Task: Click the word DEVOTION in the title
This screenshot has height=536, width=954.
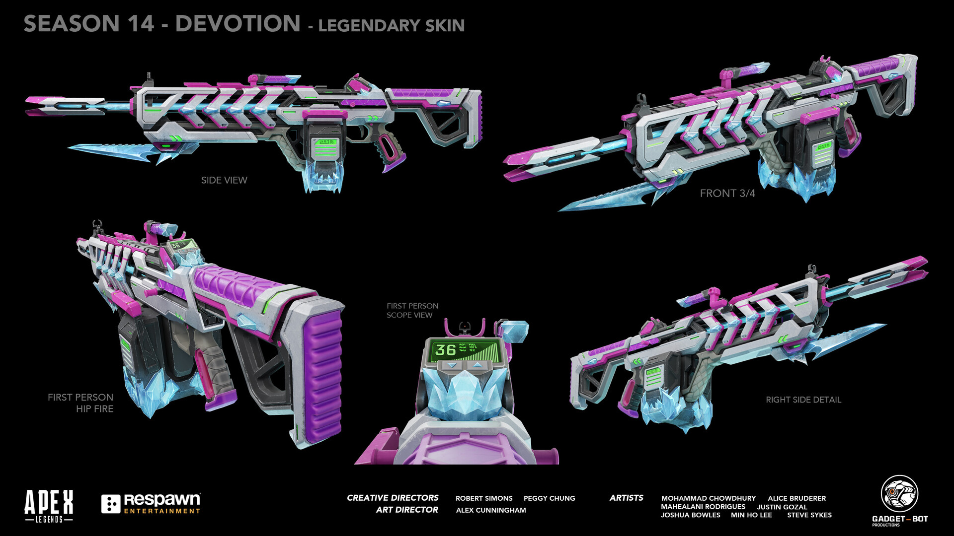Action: point(238,24)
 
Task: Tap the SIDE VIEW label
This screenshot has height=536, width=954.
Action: point(224,180)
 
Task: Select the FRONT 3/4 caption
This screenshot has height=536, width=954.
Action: point(727,194)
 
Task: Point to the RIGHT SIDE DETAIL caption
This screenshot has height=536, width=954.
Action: point(803,400)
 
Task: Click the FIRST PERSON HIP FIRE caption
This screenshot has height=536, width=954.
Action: point(81,403)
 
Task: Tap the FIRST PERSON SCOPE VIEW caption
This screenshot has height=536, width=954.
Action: point(412,310)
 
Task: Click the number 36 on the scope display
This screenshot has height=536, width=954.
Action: point(445,350)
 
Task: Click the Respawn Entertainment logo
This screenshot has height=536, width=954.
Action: point(151,503)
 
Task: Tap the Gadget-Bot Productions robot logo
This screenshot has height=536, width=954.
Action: point(899,494)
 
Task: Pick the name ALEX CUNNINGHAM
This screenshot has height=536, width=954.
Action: point(491,510)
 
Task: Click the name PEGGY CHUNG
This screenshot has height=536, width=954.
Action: point(549,498)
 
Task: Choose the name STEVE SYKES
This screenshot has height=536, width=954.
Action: point(809,515)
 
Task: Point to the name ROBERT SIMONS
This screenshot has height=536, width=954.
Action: point(484,498)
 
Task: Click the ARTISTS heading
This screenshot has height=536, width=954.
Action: point(626,498)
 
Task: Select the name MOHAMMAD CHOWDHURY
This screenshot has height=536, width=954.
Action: point(708,498)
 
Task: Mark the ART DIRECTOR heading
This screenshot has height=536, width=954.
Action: point(407,510)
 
